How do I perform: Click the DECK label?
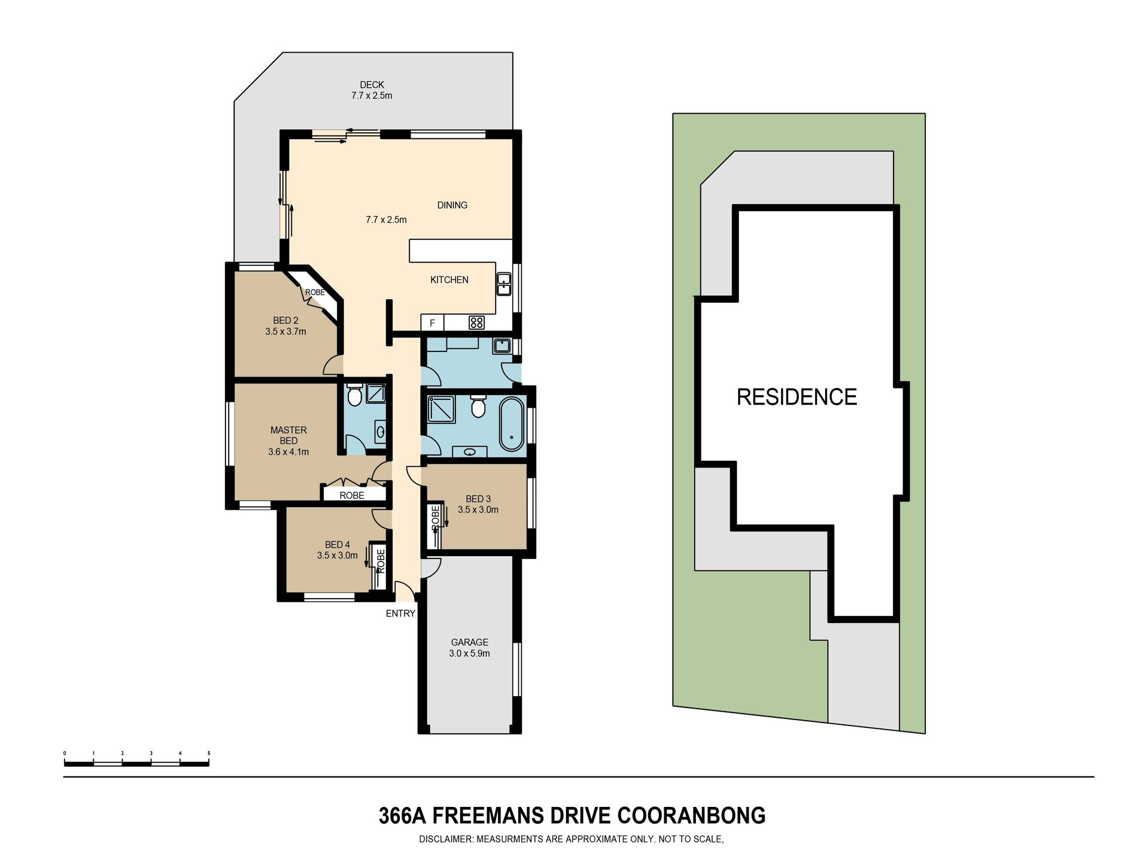coord(372,85)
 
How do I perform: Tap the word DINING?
coord(452,205)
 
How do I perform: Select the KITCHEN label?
coord(449,280)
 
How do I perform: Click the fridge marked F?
coord(432,323)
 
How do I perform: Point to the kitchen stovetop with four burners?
coord(476,323)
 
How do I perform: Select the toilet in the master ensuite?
coord(354,394)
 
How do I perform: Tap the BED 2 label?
coord(285,321)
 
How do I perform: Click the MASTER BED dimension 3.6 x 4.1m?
coord(288,452)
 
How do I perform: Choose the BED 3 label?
coord(478,499)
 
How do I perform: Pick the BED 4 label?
coord(337,545)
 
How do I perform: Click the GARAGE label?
coord(469,642)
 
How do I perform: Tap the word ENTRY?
coord(400,613)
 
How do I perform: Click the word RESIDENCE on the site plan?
coord(796,397)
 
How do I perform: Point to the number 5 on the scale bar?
coord(209,753)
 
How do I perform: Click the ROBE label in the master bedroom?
coord(352,496)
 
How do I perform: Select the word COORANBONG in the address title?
coord(691,815)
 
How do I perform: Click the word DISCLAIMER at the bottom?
coord(446,839)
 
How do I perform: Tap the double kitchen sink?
coord(504,284)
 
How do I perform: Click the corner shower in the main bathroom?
coord(440,409)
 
